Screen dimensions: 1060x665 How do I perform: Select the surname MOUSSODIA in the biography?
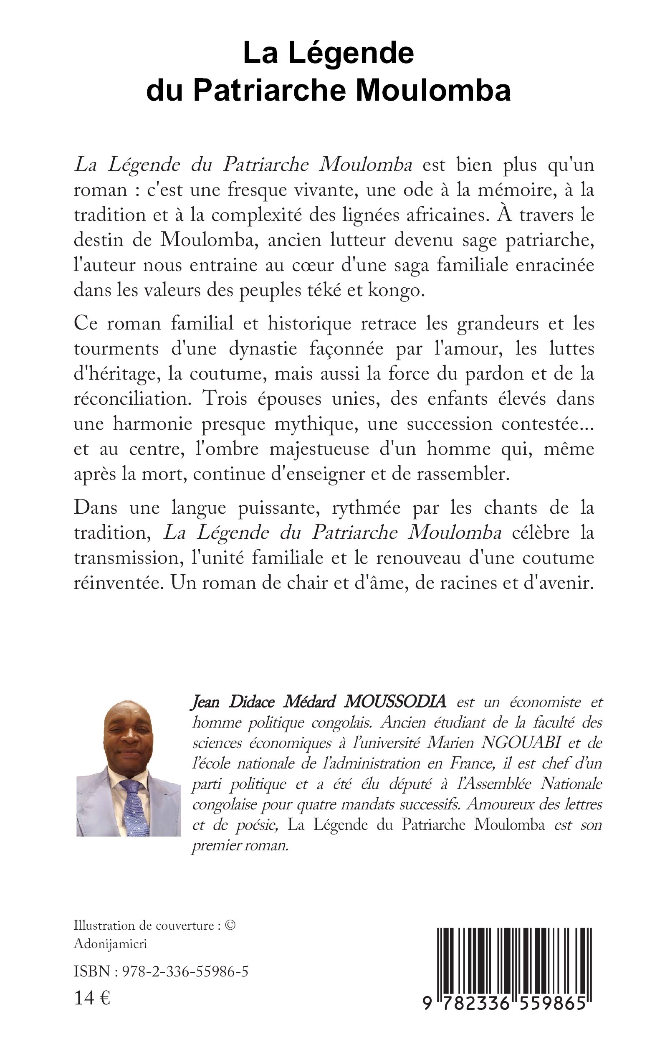394,701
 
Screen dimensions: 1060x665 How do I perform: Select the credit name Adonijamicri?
110,943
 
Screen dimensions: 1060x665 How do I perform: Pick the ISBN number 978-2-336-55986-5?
185,971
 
